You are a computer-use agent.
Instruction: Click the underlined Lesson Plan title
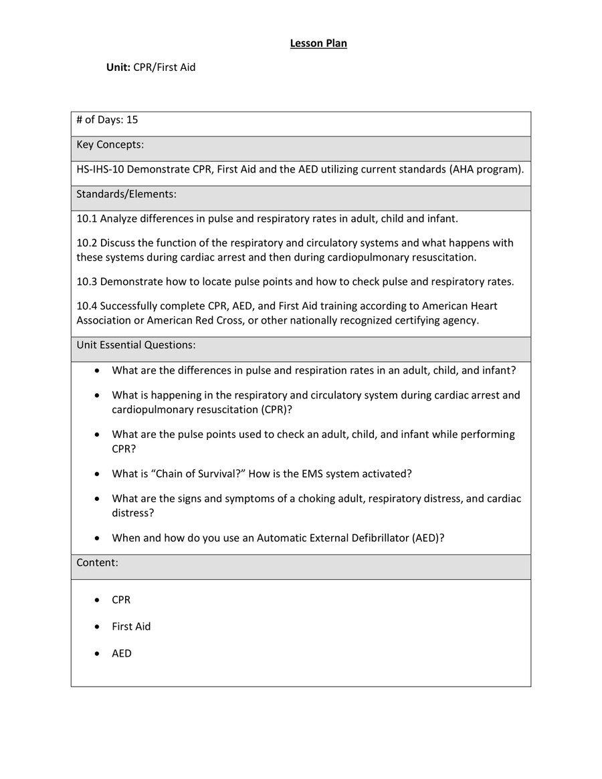point(318,44)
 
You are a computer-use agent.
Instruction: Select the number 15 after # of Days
point(132,120)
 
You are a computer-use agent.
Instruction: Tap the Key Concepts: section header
point(110,145)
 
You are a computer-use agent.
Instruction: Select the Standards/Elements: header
point(126,195)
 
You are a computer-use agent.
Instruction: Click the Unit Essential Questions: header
point(136,345)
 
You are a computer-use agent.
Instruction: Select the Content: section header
point(97,563)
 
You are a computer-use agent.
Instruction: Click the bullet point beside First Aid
point(98,627)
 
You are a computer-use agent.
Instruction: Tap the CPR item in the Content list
point(121,600)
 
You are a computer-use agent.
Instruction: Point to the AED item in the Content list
point(122,653)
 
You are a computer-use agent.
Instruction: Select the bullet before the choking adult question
point(98,499)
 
